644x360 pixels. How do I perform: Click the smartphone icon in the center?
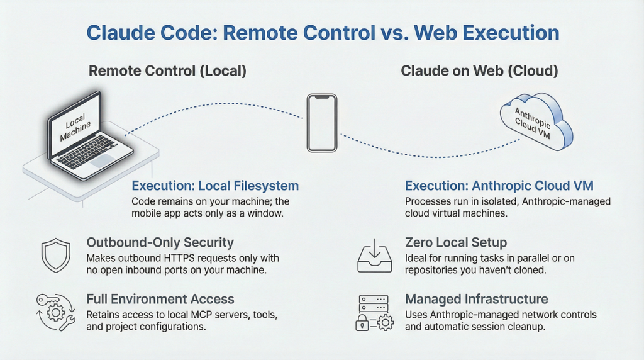[x=322, y=123]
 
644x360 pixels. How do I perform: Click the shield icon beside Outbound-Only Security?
[x=54, y=254]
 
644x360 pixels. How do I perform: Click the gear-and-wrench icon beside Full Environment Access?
[x=55, y=311]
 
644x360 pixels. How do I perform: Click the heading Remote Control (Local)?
[x=167, y=70]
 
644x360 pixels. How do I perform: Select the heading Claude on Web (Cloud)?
[x=479, y=70]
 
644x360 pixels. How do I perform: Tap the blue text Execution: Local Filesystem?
[x=215, y=186]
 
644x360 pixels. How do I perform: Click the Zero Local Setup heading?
[x=456, y=242]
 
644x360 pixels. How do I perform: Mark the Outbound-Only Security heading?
[x=160, y=242]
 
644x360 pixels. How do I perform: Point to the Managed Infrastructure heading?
[x=476, y=299]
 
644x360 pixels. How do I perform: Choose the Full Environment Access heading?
[x=160, y=299]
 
